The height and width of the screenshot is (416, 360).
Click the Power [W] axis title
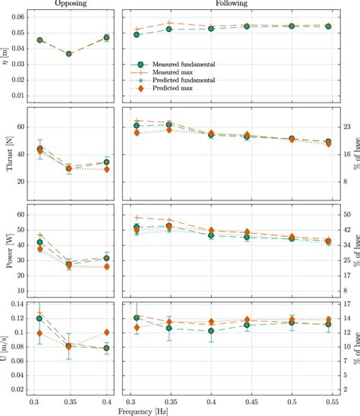(x=8, y=251)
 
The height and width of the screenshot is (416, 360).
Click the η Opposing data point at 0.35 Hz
(x=69, y=54)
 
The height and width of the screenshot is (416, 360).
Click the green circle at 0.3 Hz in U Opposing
(x=39, y=319)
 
